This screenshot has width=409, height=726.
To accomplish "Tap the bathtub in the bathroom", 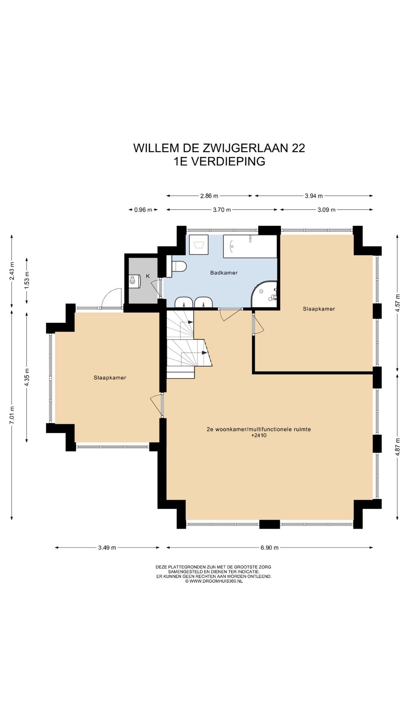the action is tap(250, 247).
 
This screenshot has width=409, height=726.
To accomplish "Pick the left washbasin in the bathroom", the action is tap(184, 302).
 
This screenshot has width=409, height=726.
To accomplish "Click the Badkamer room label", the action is tap(224, 273).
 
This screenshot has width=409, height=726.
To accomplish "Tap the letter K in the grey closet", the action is tap(148, 276).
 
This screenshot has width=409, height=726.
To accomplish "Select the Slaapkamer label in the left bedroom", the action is tap(110, 377).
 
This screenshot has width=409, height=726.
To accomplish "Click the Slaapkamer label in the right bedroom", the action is tap(319, 309).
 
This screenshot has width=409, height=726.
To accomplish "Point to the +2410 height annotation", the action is tap(259, 435).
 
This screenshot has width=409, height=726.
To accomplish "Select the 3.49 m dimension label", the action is tap(107, 548).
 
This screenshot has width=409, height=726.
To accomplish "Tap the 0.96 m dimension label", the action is tap(143, 210).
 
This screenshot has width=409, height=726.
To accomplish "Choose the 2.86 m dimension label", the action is tap(209, 196).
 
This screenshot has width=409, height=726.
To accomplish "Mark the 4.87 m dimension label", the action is tap(398, 447).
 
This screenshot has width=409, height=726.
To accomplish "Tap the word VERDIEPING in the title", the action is tap(228, 161).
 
